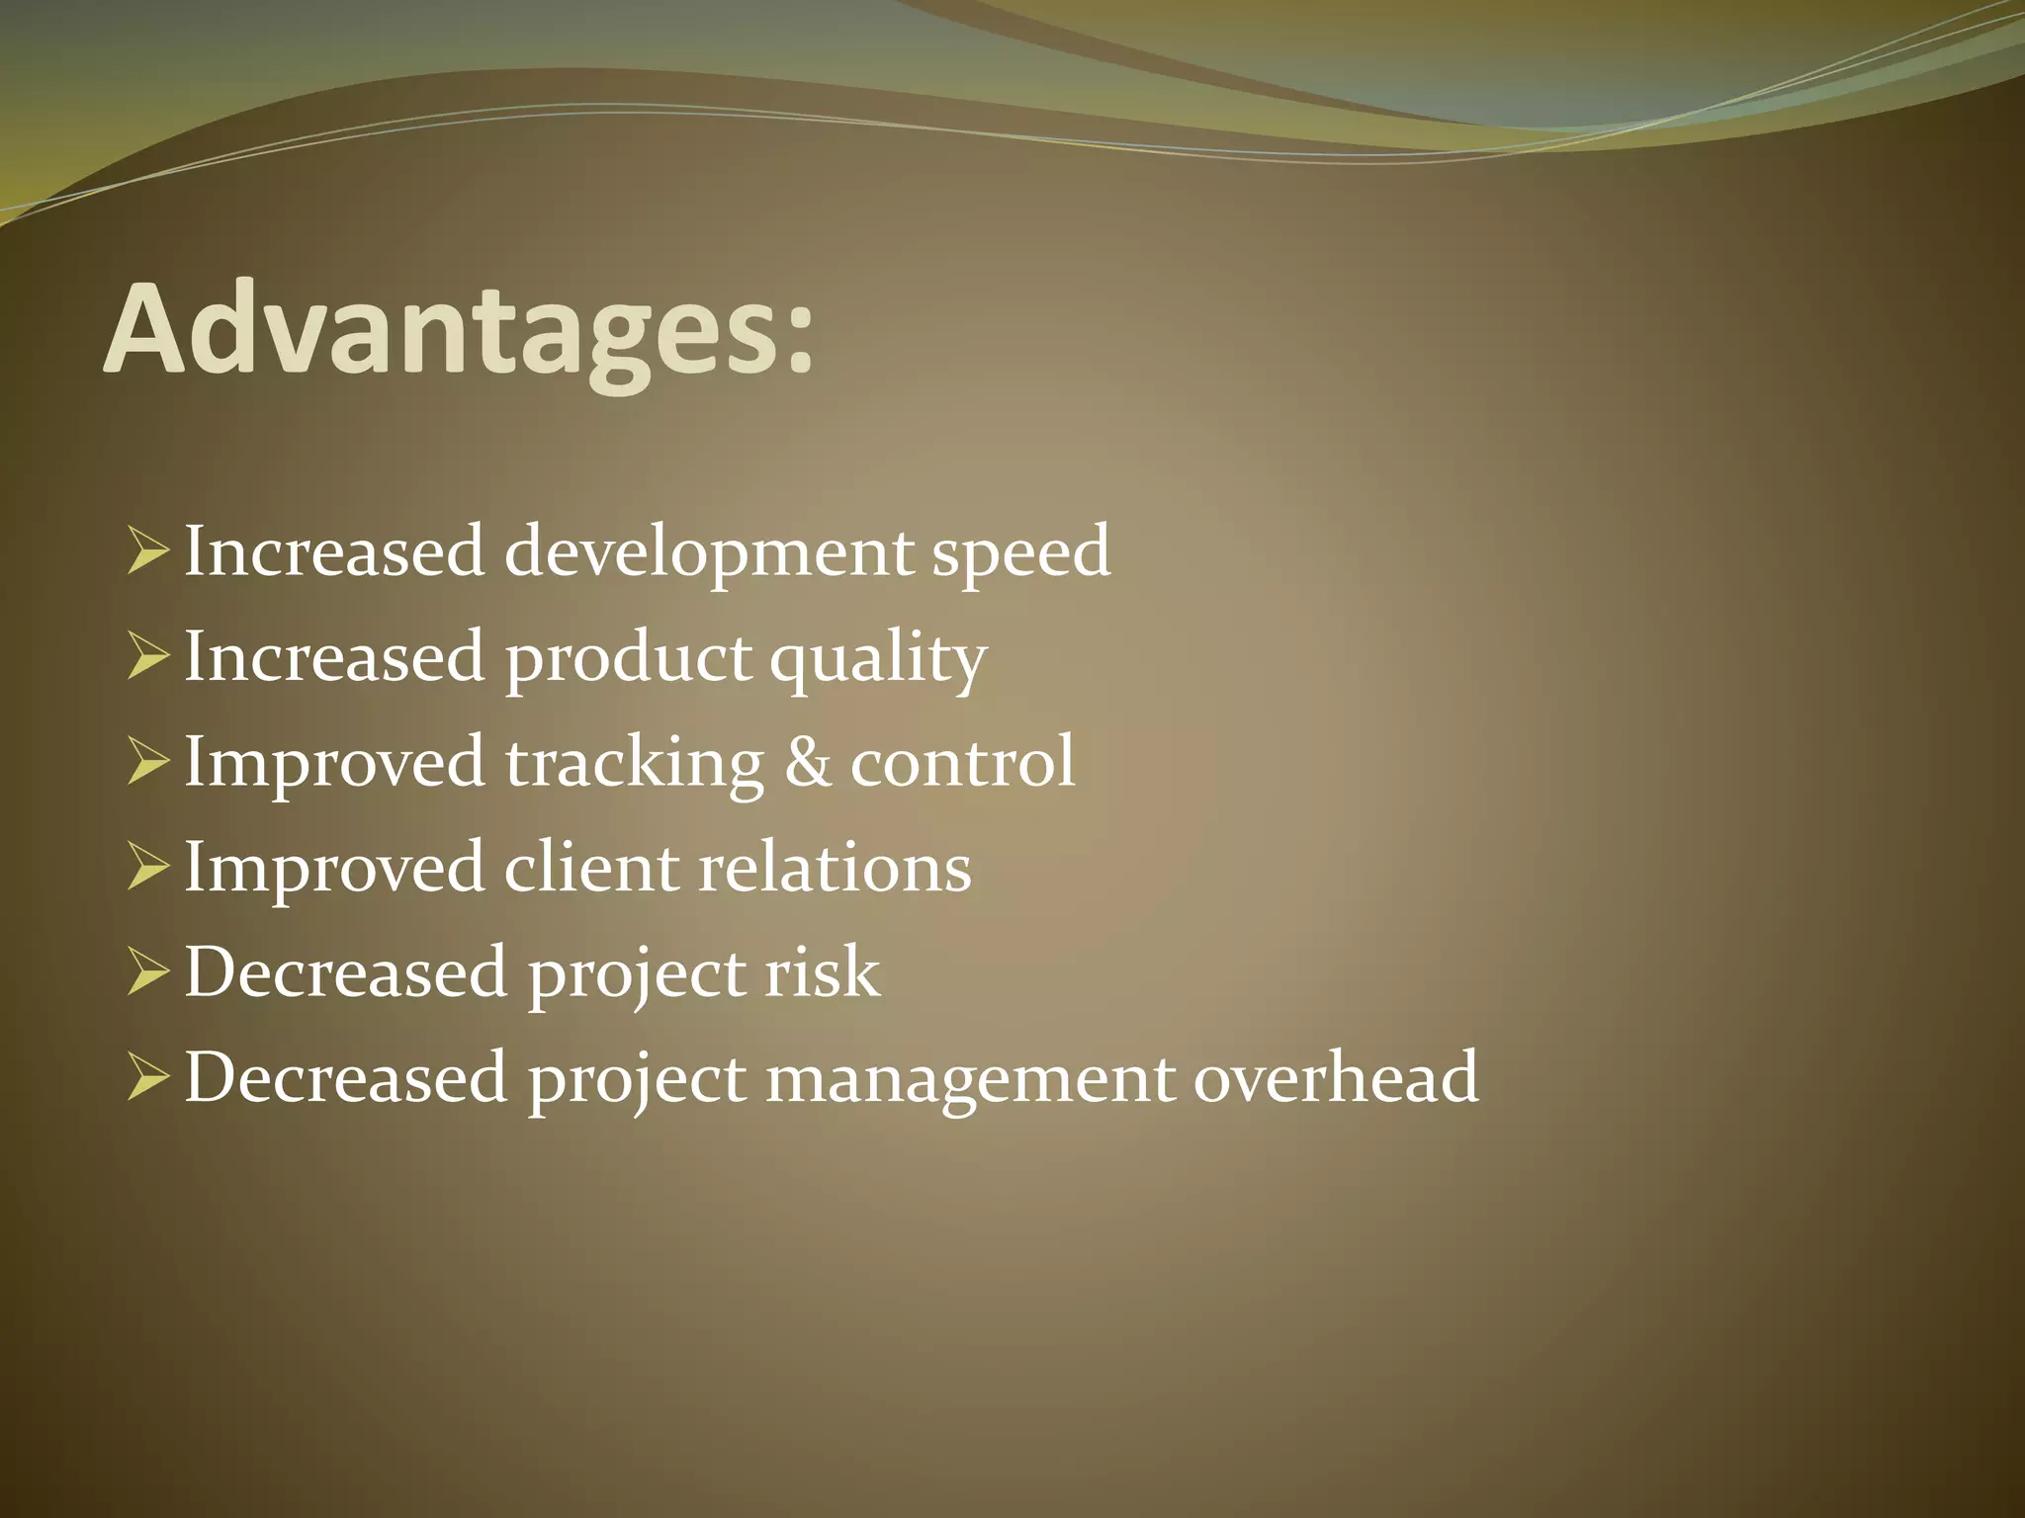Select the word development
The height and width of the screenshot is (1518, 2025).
708,553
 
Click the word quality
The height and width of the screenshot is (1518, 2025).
878,659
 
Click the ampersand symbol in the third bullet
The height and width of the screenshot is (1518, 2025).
807,762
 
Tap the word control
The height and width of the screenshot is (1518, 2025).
962,762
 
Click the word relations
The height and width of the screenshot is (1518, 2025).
836,868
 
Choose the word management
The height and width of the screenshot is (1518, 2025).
970,1079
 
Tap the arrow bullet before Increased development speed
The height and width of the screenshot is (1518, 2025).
147,553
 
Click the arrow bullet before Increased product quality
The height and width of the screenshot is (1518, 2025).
147,659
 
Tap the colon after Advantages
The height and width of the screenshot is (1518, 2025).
799,341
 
